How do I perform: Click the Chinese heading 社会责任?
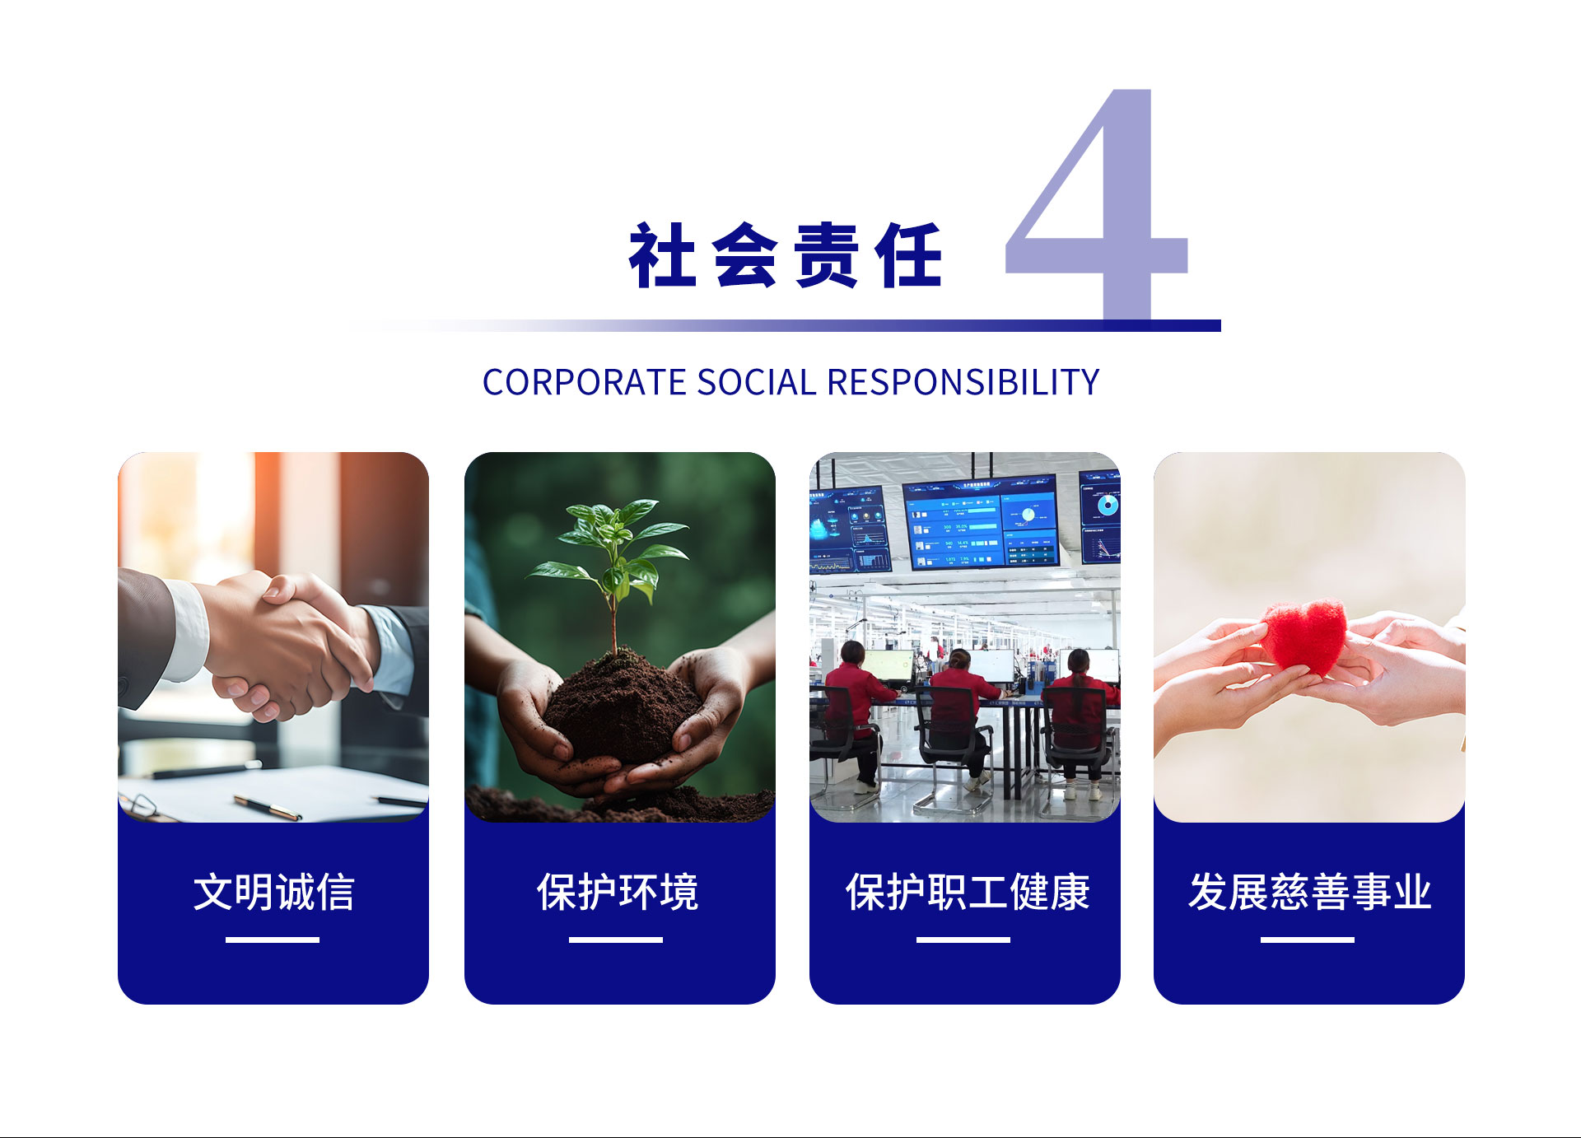click(786, 255)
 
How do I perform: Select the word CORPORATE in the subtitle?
click(584, 382)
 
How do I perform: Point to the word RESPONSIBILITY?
click(963, 382)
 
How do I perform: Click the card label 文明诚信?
click(273, 892)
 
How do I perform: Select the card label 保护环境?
click(618, 892)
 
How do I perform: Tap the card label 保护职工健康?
click(968, 892)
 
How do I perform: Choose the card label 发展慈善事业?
click(1309, 892)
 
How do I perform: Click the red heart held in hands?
click(1304, 636)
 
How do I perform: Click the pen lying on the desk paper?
click(267, 808)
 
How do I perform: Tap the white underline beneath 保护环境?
click(616, 940)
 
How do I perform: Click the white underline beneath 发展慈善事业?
click(1308, 940)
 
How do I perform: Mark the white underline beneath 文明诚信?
click(273, 940)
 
